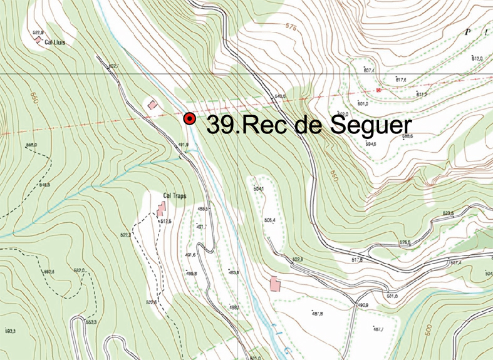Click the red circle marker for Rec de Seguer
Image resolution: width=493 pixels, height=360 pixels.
(x=189, y=119)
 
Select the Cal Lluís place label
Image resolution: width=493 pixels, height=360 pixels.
(x=55, y=43)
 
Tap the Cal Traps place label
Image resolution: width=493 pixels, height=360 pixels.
(x=175, y=195)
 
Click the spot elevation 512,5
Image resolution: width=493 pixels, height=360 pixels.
(x=166, y=221)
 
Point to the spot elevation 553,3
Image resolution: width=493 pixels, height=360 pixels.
(x=91, y=322)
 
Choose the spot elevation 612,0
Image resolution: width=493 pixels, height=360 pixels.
(x=477, y=58)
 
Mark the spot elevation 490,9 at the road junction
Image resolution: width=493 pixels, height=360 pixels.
(x=363, y=306)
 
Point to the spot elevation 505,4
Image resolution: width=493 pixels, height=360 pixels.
(x=270, y=220)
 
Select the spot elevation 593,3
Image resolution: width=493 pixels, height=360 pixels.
(x=11, y=330)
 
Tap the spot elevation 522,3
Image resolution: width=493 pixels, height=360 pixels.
(x=125, y=234)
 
